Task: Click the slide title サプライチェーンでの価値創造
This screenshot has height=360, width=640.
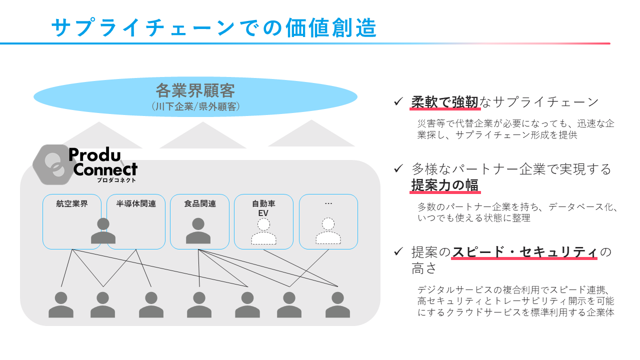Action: [x=214, y=28]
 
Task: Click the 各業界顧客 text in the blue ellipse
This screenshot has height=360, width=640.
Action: [x=195, y=91]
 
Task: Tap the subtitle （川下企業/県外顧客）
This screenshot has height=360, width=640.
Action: [x=195, y=106]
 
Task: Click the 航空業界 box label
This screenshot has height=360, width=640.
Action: [x=72, y=204]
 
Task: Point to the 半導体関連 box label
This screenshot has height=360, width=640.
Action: [x=136, y=204]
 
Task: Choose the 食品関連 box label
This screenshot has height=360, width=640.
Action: [x=200, y=204]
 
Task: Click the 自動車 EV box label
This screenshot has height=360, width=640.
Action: [x=263, y=208]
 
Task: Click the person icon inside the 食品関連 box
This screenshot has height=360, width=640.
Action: [x=198, y=231]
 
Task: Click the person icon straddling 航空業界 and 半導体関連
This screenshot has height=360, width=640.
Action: [x=103, y=231]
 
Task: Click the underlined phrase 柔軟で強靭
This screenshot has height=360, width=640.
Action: [x=445, y=102]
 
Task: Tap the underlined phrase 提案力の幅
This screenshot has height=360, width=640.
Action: [x=445, y=185]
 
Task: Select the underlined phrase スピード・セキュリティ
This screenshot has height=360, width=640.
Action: [x=524, y=251]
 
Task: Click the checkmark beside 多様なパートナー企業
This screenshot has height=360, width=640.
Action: [x=398, y=168]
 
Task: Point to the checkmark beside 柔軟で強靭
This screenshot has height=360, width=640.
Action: [x=398, y=101]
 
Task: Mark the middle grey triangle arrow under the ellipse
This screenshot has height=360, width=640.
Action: [x=202, y=136]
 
